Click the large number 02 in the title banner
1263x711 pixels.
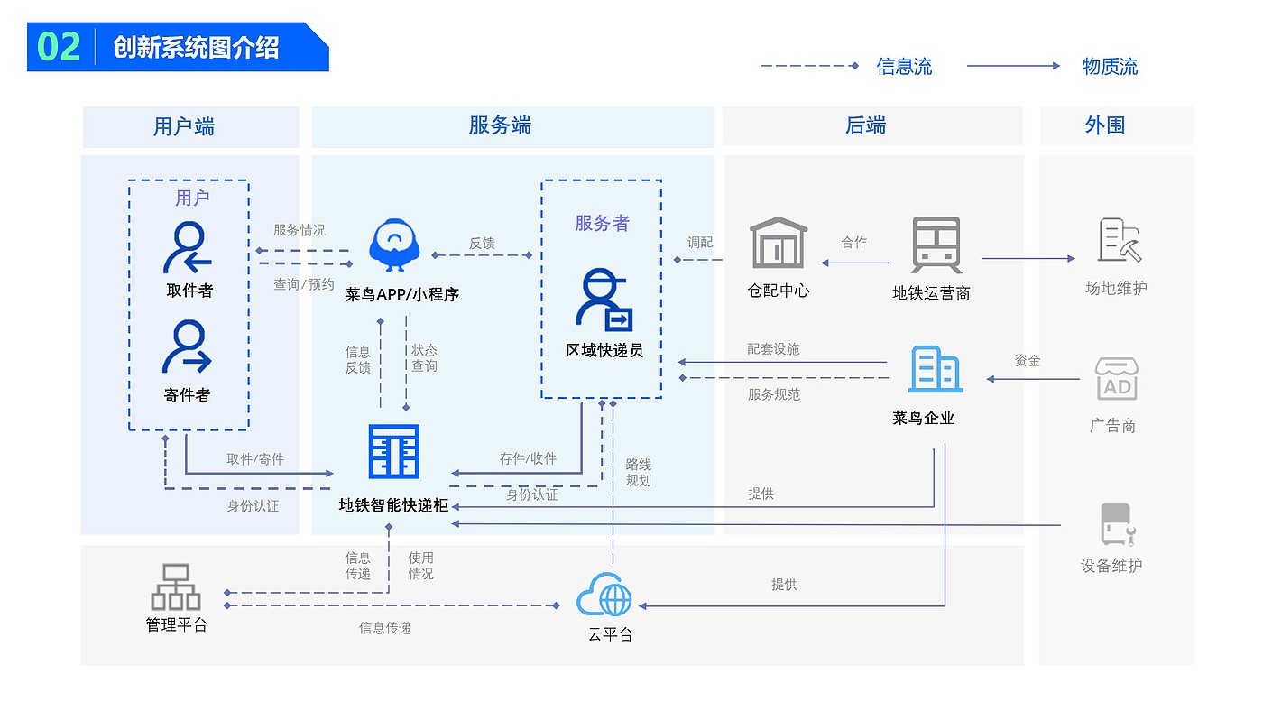point(59,46)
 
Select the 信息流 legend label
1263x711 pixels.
point(904,67)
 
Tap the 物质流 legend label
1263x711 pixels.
point(1110,67)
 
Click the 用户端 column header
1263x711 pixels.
point(184,126)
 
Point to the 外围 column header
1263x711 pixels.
point(1105,125)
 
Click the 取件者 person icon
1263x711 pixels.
point(188,247)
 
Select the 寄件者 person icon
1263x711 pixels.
point(188,346)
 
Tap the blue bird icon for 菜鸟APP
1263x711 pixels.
point(394,245)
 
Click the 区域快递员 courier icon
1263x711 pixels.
point(604,300)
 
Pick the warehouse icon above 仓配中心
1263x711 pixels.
point(779,243)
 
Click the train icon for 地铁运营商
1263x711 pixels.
point(936,245)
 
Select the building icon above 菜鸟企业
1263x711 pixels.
point(936,369)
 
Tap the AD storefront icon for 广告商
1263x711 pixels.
point(1117,379)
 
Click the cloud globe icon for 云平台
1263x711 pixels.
point(604,595)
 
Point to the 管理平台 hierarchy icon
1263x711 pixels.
point(176,587)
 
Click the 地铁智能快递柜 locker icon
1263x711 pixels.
point(394,451)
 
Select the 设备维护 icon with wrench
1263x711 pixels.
point(1118,524)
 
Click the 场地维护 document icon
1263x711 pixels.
point(1120,240)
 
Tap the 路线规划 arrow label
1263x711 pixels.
point(639,473)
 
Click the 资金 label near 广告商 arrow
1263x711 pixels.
point(1028,360)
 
